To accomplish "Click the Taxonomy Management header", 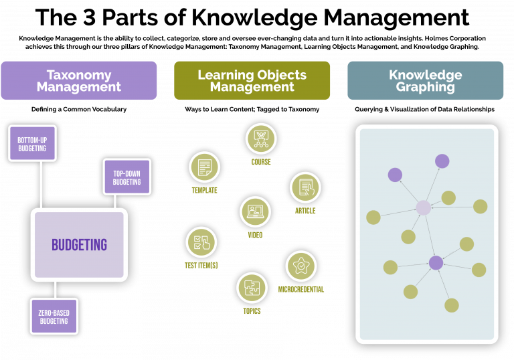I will point(79,80).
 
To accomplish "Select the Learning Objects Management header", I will point(252,80).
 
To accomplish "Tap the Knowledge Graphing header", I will point(425,80).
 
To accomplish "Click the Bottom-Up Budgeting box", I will point(32,143).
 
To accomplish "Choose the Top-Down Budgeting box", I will point(126,177).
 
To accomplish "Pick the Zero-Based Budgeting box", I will point(54,316).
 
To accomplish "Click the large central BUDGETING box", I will point(79,244).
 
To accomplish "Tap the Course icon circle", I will point(260,139).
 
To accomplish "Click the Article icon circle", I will point(305,187).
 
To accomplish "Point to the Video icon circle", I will point(255,211).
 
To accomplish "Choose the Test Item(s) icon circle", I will point(201,242).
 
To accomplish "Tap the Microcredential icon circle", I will point(301,266).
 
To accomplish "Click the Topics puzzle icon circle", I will point(252,288).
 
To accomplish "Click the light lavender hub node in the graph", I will point(423,207).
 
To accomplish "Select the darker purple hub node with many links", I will point(436,263).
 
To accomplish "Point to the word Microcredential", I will point(301,289).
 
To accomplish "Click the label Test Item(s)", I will point(201,266).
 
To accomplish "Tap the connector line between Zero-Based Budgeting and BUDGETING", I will point(55,289).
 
